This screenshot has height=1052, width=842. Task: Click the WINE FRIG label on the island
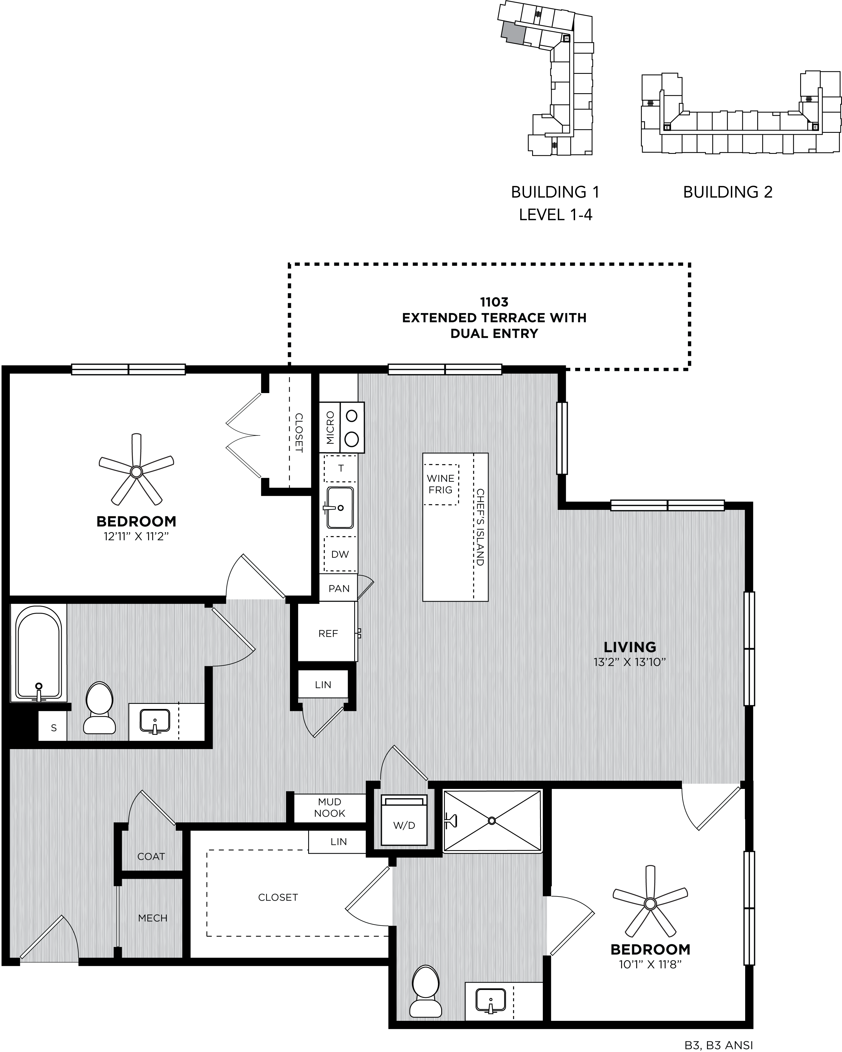(x=441, y=484)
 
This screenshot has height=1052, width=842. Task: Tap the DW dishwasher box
(x=340, y=554)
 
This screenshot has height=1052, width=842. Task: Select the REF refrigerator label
(x=328, y=633)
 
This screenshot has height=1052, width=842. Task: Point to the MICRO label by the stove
(x=330, y=427)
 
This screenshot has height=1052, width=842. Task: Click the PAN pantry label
(x=339, y=588)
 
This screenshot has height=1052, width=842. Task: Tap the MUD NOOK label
(x=330, y=807)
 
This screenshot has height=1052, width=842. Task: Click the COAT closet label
(x=151, y=856)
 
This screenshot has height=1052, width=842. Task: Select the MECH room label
(x=153, y=918)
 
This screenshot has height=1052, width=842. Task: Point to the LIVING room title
(x=630, y=647)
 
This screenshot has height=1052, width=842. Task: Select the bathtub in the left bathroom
(x=38, y=653)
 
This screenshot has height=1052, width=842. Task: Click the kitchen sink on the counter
(x=340, y=507)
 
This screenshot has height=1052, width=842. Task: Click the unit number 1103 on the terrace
(x=494, y=302)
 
